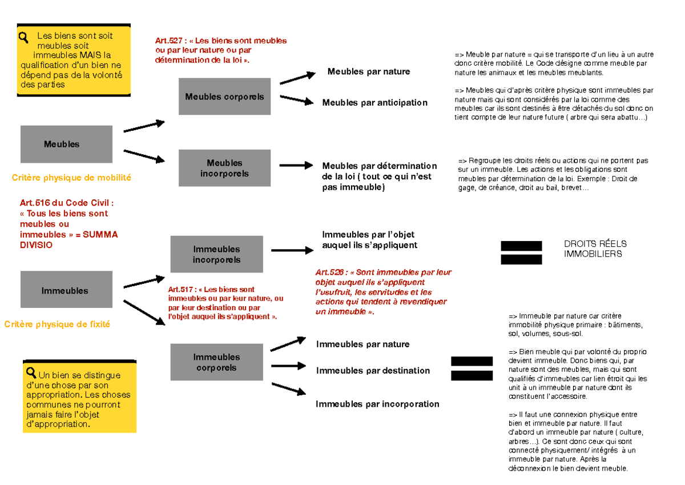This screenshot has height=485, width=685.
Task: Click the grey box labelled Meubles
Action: [66, 144]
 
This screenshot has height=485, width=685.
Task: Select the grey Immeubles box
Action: [66, 290]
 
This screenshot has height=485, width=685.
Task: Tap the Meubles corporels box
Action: [224, 97]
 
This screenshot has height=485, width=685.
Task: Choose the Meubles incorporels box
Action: [224, 168]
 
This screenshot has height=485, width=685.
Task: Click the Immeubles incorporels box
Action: [216, 254]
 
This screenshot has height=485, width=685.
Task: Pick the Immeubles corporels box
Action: [216, 362]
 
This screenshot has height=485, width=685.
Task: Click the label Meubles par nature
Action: [368, 71]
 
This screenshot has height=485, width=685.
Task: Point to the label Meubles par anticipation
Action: [374, 103]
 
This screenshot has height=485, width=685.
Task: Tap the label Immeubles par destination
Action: [373, 371]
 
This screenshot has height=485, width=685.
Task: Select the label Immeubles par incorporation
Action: [377, 404]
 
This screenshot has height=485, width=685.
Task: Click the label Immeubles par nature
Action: [362, 344]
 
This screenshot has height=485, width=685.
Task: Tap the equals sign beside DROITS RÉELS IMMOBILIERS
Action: [521, 252]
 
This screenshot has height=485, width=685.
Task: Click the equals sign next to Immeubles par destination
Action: [472, 368]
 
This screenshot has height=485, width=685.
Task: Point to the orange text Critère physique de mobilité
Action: [71, 178]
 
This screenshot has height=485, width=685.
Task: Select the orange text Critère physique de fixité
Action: [57, 324]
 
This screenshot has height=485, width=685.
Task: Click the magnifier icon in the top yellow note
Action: [24, 38]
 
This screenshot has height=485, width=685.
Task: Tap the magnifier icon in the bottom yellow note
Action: [31, 373]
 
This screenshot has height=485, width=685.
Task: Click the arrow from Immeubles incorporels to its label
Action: [292, 250]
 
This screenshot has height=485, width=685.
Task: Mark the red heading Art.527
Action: [169, 41]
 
